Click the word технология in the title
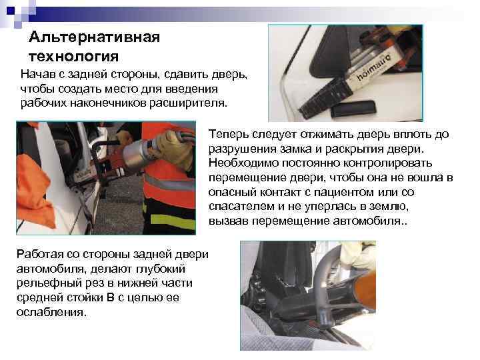[x=74, y=53]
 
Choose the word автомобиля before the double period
[x=370, y=221]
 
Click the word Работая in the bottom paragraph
[x=39, y=255]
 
